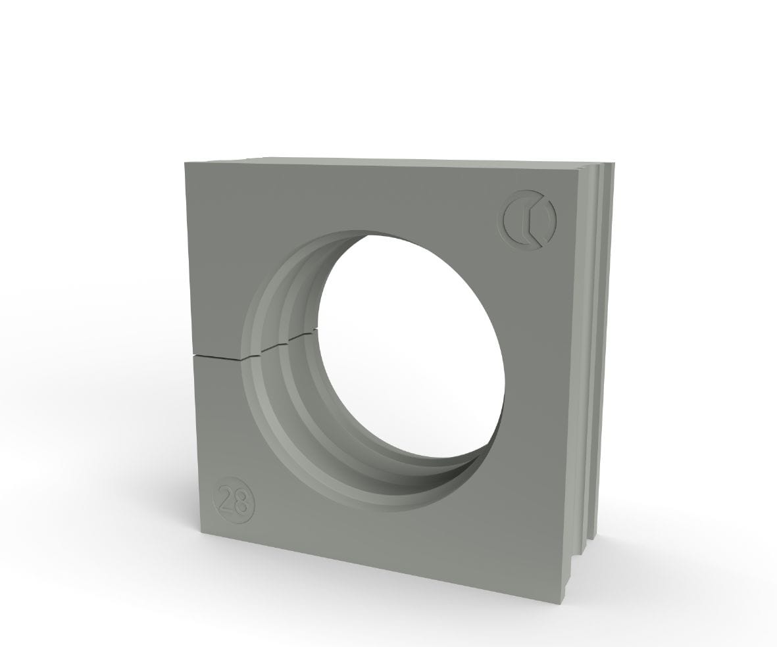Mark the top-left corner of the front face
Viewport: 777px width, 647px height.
(184, 162)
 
